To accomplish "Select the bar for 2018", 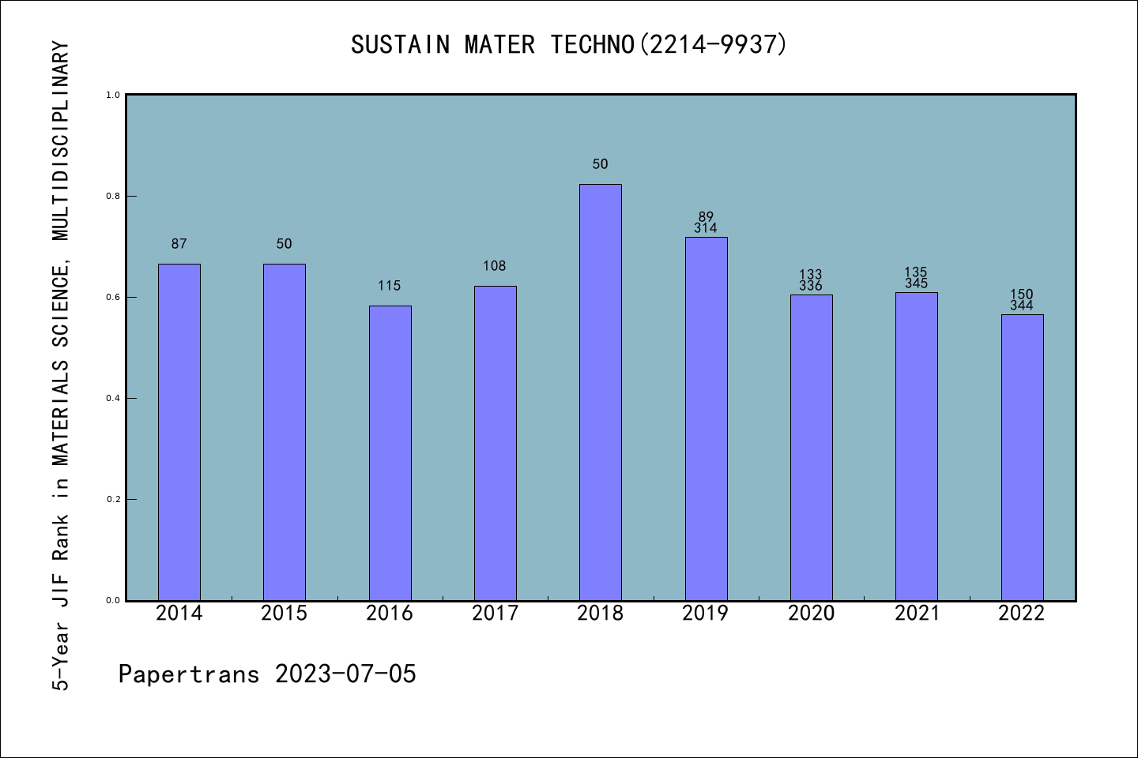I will pyautogui.click(x=600, y=392).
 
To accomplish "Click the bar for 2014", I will pyautogui.click(x=179, y=432).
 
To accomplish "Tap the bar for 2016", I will pyautogui.click(x=390, y=452).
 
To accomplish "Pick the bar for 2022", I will pyautogui.click(x=1022, y=457).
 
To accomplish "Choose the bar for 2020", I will pyautogui.click(x=811, y=447).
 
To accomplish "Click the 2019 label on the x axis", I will pyautogui.click(x=706, y=614).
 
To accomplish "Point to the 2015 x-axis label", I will pyautogui.click(x=284, y=614).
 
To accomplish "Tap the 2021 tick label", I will pyautogui.click(x=917, y=614).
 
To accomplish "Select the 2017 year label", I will pyautogui.click(x=495, y=614).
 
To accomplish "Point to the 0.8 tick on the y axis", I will pyautogui.click(x=113, y=197).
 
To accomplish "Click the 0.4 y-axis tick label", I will pyautogui.click(x=113, y=399).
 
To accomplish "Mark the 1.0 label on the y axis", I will pyautogui.click(x=113, y=96).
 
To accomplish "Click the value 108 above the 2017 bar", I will pyautogui.click(x=495, y=266).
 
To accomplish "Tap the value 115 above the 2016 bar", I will pyautogui.click(x=390, y=286).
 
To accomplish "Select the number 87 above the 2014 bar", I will pyautogui.click(x=179, y=244).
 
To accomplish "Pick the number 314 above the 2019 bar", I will pyautogui.click(x=706, y=228).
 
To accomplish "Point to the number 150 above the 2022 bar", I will pyautogui.click(x=1022, y=295).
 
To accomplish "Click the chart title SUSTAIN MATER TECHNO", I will pyautogui.click(x=569, y=45).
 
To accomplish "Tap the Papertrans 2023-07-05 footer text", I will pyautogui.click(x=267, y=674).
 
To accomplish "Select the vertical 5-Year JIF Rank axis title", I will pyautogui.click(x=61, y=366).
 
